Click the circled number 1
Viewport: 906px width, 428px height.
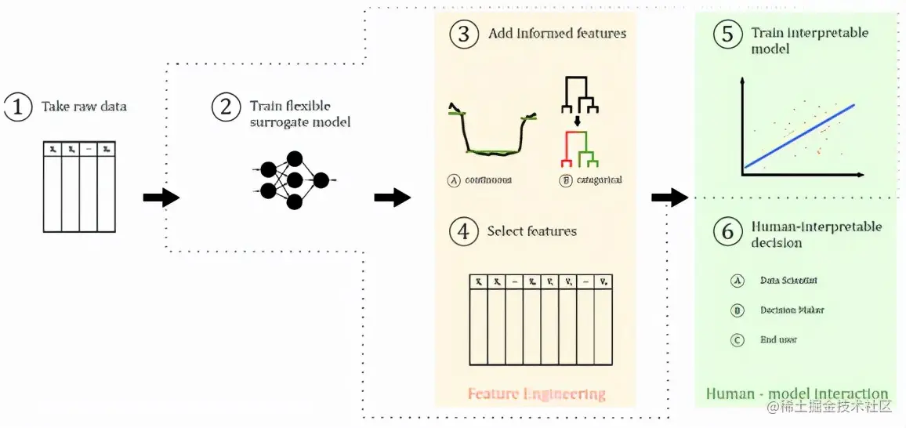click(x=17, y=107)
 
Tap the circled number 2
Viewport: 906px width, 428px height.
click(x=226, y=107)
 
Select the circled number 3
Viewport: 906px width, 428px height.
click(x=464, y=34)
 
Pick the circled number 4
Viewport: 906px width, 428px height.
click(x=464, y=232)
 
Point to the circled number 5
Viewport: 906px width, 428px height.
click(x=727, y=34)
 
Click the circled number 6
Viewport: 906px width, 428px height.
click(x=727, y=232)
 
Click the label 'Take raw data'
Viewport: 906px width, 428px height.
click(x=84, y=107)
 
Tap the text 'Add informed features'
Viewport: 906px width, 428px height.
click(x=557, y=34)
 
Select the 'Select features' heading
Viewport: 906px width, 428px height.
click(x=531, y=231)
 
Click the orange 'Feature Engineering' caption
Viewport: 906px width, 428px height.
click(x=536, y=394)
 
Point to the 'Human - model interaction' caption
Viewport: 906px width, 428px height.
click(x=797, y=394)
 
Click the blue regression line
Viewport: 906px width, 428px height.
click(x=799, y=136)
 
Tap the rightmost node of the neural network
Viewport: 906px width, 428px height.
click(x=321, y=181)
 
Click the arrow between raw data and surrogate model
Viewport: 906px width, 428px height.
click(x=161, y=198)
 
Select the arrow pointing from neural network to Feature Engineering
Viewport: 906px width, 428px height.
click(x=392, y=198)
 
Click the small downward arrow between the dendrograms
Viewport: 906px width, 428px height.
click(x=578, y=121)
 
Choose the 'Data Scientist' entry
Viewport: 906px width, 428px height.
click(x=789, y=280)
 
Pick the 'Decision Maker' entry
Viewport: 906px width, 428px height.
click(x=792, y=310)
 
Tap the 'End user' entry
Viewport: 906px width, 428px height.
click(x=779, y=339)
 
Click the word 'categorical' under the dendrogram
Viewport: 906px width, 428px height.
click(x=598, y=180)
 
